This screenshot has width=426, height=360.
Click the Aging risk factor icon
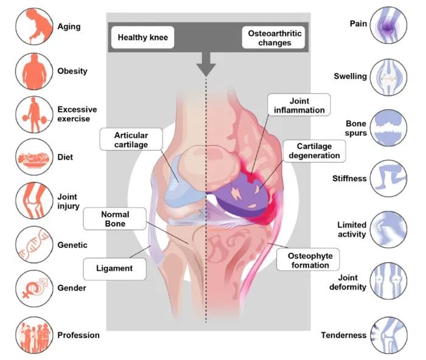[x=34, y=26]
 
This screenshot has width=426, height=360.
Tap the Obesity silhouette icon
[x=34, y=71]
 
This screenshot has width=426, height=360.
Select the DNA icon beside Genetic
[x=34, y=244]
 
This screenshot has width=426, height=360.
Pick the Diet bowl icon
[x=34, y=157]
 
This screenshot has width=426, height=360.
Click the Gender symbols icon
[x=34, y=288]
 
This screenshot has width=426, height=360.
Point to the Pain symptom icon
[x=388, y=26]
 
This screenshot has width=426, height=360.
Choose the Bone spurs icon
[x=388, y=128]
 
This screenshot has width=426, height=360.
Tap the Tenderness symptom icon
[x=389, y=335]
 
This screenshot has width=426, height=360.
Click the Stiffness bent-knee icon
[x=388, y=178]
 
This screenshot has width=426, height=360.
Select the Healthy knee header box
[x=142, y=37]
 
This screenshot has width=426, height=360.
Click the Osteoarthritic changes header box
[x=274, y=38]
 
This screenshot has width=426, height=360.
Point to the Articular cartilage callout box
[x=131, y=139]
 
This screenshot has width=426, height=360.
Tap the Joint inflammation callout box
[x=299, y=105]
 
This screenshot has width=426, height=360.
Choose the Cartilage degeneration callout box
[x=315, y=151]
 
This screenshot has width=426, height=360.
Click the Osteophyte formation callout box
[x=308, y=260]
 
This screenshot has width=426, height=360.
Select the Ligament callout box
[x=114, y=269]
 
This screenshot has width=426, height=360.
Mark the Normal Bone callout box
[x=114, y=219]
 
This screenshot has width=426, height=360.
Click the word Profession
[x=79, y=335]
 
